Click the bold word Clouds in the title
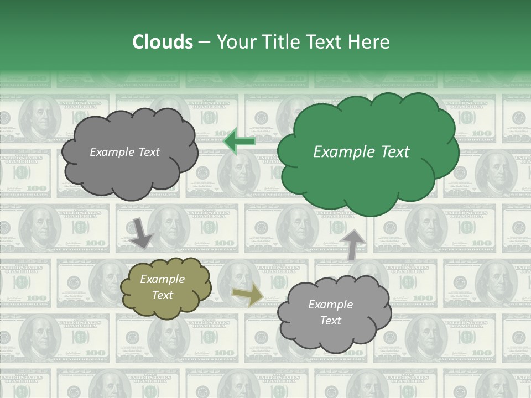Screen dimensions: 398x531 (x=163, y=42)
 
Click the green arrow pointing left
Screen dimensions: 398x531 (x=239, y=142)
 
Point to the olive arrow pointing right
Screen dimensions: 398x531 (x=248, y=295)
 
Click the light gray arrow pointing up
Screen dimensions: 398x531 (x=355, y=244)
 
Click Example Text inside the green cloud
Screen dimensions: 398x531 (x=361, y=152)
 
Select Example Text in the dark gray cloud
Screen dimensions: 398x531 (x=124, y=152)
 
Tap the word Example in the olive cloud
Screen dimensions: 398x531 (x=162, y=279)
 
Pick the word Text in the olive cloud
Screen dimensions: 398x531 (x=162, y=295)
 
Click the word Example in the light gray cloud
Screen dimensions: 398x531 (x=330, y=305)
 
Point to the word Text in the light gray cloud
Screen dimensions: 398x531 (x=330, y=321)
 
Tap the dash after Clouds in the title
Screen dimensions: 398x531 (x=204, y=43)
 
